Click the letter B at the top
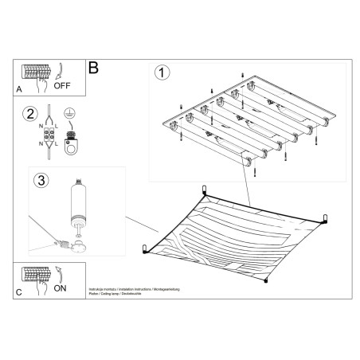pyautogui.click(x=93, y=68)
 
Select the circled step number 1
pyautogui.click(x=163, y=73)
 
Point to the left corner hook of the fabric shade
pyautogui.click(x=144, y=248)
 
